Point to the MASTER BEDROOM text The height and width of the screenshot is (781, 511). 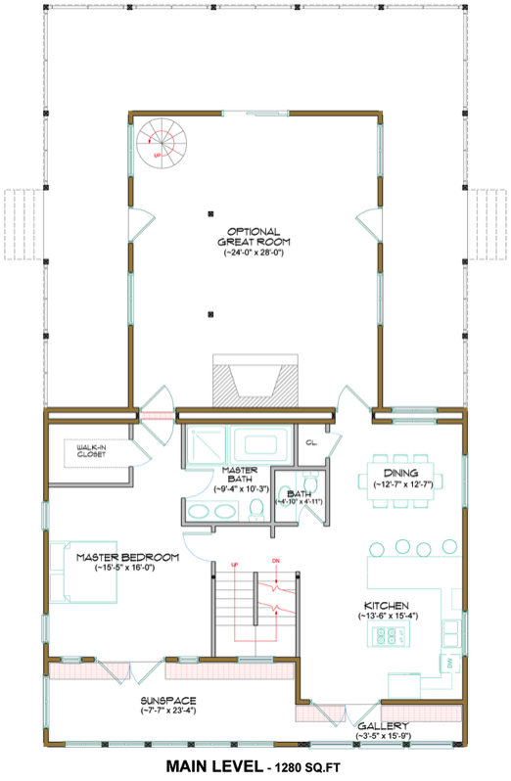click(128, 557)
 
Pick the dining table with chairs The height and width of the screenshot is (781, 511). click(407, 480)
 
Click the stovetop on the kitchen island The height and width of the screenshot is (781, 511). click(392, 637)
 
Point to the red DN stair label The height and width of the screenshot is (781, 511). click(276, 561)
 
